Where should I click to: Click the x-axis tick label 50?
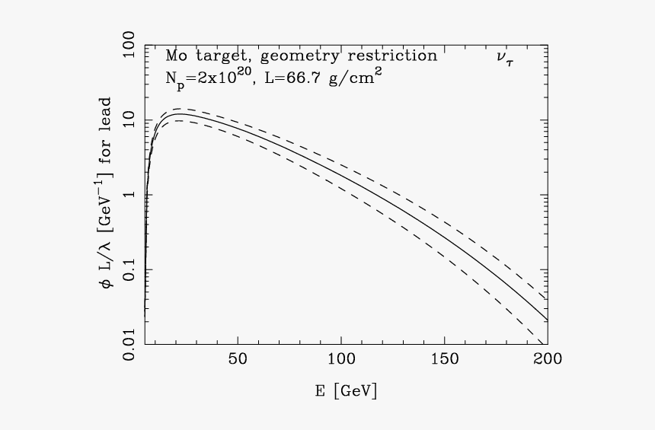point(238,359)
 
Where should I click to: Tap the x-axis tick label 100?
point(341,359)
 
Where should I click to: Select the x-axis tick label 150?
point(444,359)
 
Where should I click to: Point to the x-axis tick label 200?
point(547,359)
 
